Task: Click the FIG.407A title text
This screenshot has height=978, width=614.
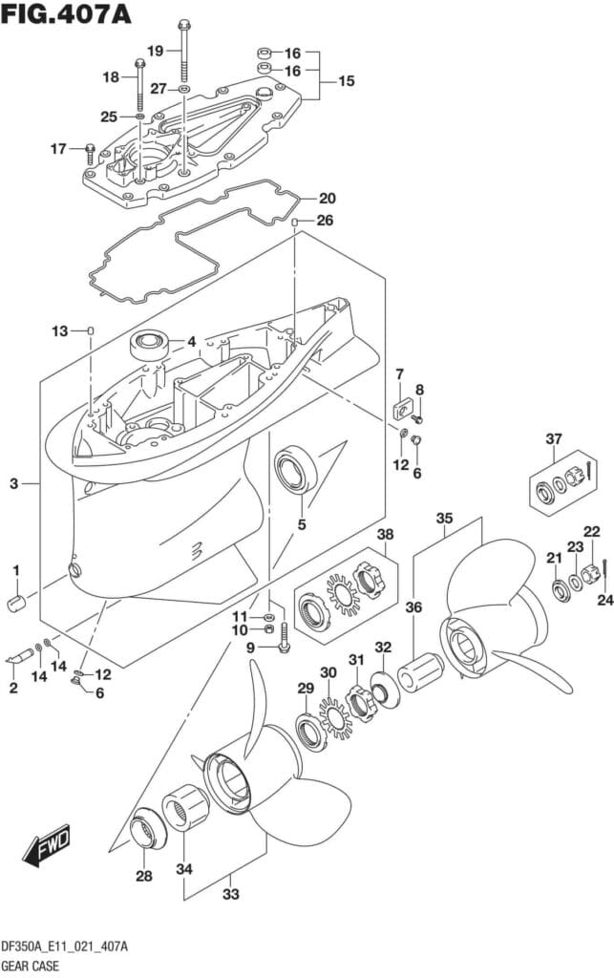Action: (x=67, y=15)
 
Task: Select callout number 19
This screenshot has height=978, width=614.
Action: (x=156, y=50)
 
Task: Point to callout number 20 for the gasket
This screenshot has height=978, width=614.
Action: (x=327, y=199)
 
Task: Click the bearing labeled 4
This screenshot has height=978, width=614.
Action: (x=151, y=344)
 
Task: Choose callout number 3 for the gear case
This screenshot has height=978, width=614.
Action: (x=14, y=485)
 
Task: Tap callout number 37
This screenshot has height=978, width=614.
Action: (x=554, y=439)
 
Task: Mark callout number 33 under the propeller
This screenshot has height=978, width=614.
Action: (x=230, y=894)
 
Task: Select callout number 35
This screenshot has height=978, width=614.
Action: (x=444, y=519)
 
